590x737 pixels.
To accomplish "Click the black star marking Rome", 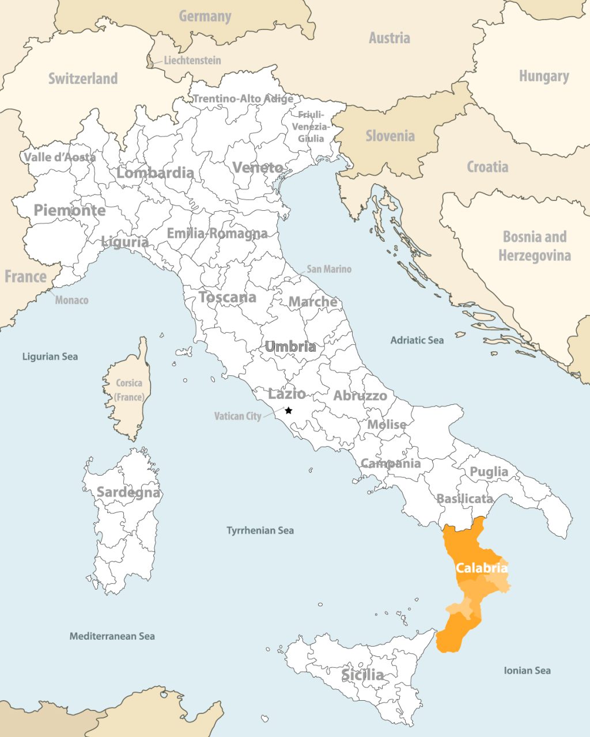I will (x=289, y=411).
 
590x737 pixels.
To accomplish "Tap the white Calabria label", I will (x=482, y=568).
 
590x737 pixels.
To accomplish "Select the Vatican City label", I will (x=237, y=416).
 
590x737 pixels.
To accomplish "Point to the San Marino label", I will (x=328, y=269).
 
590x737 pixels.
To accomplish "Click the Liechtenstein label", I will (x=192, y=60).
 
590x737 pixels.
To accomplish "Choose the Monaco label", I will (x=71, y=300).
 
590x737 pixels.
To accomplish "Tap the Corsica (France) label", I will (x=129, y=390).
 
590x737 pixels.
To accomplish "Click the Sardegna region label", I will (x=128, y=492).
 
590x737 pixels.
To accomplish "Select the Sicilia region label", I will (x=362, y=674).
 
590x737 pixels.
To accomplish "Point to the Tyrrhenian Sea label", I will (x=260, y=530).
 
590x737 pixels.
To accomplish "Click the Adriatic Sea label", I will (x=417, y=340).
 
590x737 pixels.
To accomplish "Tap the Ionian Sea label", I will (x=527, y=670).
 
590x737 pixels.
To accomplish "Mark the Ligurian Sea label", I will (x=50, y=356).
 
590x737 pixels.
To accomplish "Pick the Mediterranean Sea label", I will (x=112, y=636).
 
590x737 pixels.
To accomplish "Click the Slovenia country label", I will (x=390, y=136).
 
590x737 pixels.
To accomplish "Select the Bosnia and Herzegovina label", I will (x=535, y=246).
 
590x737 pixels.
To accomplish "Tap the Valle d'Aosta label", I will (x=59, y=157).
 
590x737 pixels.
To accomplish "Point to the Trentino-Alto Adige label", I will (x=243, y=98).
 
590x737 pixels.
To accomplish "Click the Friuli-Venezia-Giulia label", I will (x=311, y=127).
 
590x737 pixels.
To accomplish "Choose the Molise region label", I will (x=387, y=424).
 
